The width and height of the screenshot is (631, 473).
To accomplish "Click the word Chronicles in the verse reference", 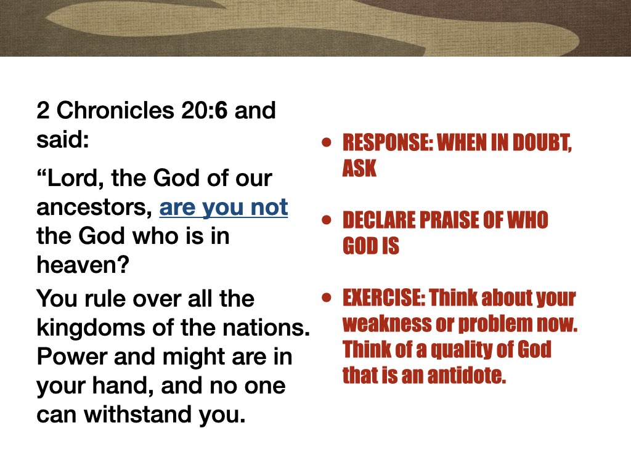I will coord(123,112).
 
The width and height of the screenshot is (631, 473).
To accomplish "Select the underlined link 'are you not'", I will coord(224,208).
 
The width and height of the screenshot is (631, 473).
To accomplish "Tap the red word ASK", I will coord(359,168).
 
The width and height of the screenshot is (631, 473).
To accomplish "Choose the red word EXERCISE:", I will coord(383,298).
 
